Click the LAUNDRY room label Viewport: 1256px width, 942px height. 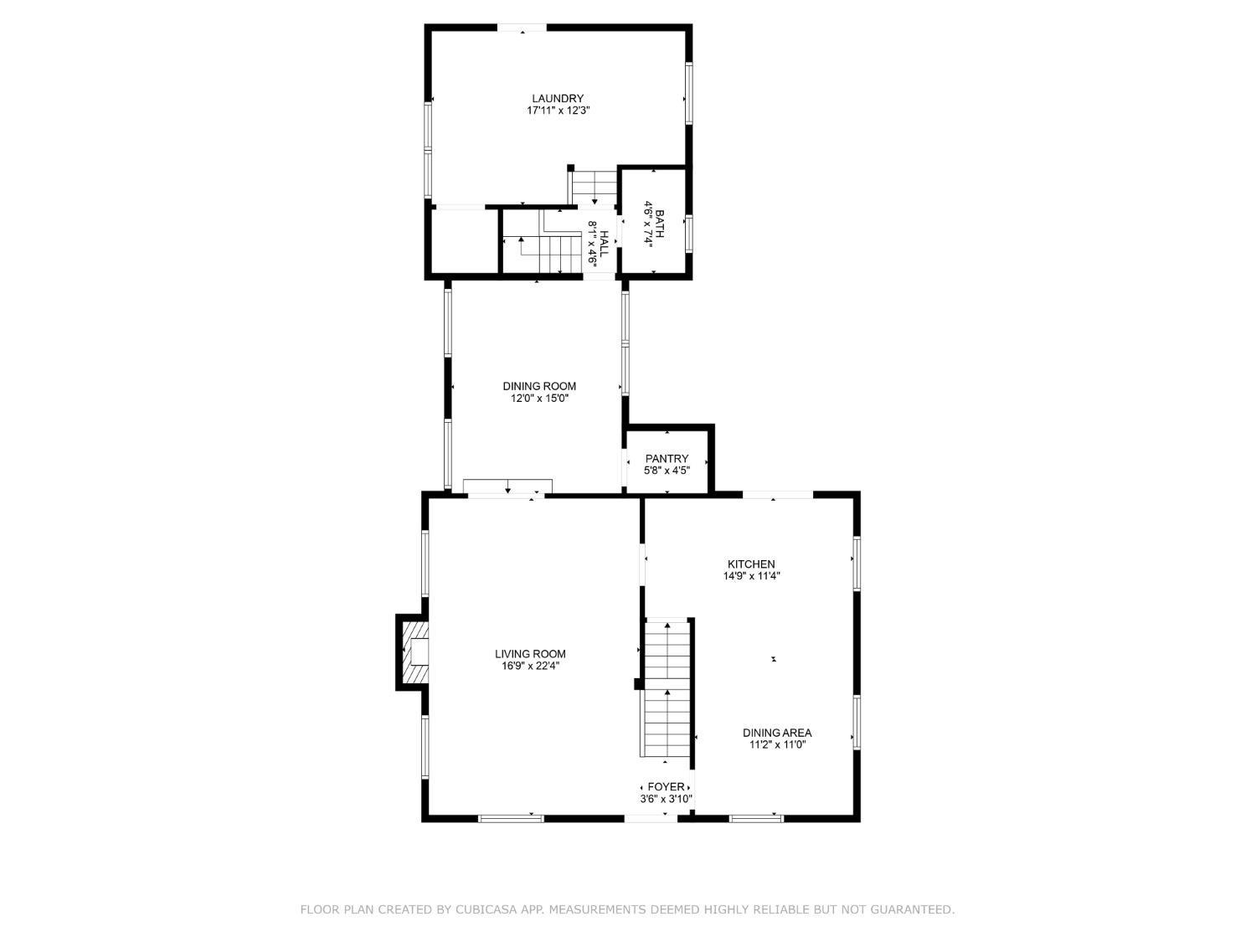coord(558,98)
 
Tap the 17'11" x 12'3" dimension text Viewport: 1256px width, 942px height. coord(558,111)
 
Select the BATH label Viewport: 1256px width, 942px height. coord(659,224)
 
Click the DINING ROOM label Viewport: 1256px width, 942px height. coord(539,386)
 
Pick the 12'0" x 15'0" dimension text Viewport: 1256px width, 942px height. coord(539,398)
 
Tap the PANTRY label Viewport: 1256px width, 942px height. coord(666,459)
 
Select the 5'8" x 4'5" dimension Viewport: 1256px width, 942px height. coord(667,471)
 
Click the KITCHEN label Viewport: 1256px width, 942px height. coord(751,564)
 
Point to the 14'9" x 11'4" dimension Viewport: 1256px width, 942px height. coord(751,576)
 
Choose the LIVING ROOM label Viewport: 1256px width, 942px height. coord(530,654)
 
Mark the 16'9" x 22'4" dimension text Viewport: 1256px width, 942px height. coord(530,666)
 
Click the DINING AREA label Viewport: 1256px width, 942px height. coord(776,733)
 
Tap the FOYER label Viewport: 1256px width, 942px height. coord(666,786)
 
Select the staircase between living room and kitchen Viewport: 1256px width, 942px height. coord(667,688)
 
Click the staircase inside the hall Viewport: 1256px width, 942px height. coord(542,243)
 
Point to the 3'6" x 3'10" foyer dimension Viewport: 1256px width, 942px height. coord(666,799)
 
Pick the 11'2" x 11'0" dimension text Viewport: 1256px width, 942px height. coord(777,744)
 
